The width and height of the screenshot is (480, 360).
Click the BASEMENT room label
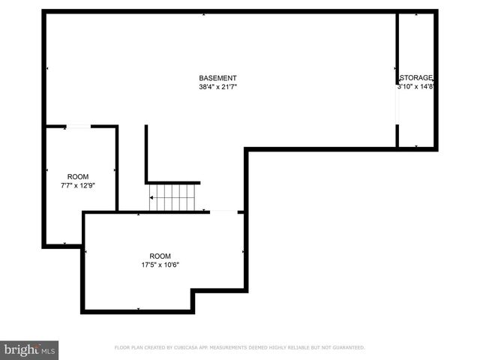217,78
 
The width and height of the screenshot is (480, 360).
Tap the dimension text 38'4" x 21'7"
217,87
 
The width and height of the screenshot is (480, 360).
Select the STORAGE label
417,78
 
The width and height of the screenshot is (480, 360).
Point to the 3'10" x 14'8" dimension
417,87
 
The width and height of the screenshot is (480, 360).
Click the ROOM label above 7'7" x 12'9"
78,177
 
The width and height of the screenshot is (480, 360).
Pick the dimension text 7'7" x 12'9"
78,185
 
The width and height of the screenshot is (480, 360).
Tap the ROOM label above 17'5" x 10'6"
160,256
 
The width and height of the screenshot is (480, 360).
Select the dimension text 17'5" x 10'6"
160,264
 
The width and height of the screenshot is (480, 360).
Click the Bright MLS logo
29,349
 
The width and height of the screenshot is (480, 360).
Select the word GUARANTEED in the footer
346,348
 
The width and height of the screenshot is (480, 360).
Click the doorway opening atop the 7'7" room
79,127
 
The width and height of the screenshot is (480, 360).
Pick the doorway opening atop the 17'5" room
223,212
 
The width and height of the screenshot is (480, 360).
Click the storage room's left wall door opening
397,105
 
